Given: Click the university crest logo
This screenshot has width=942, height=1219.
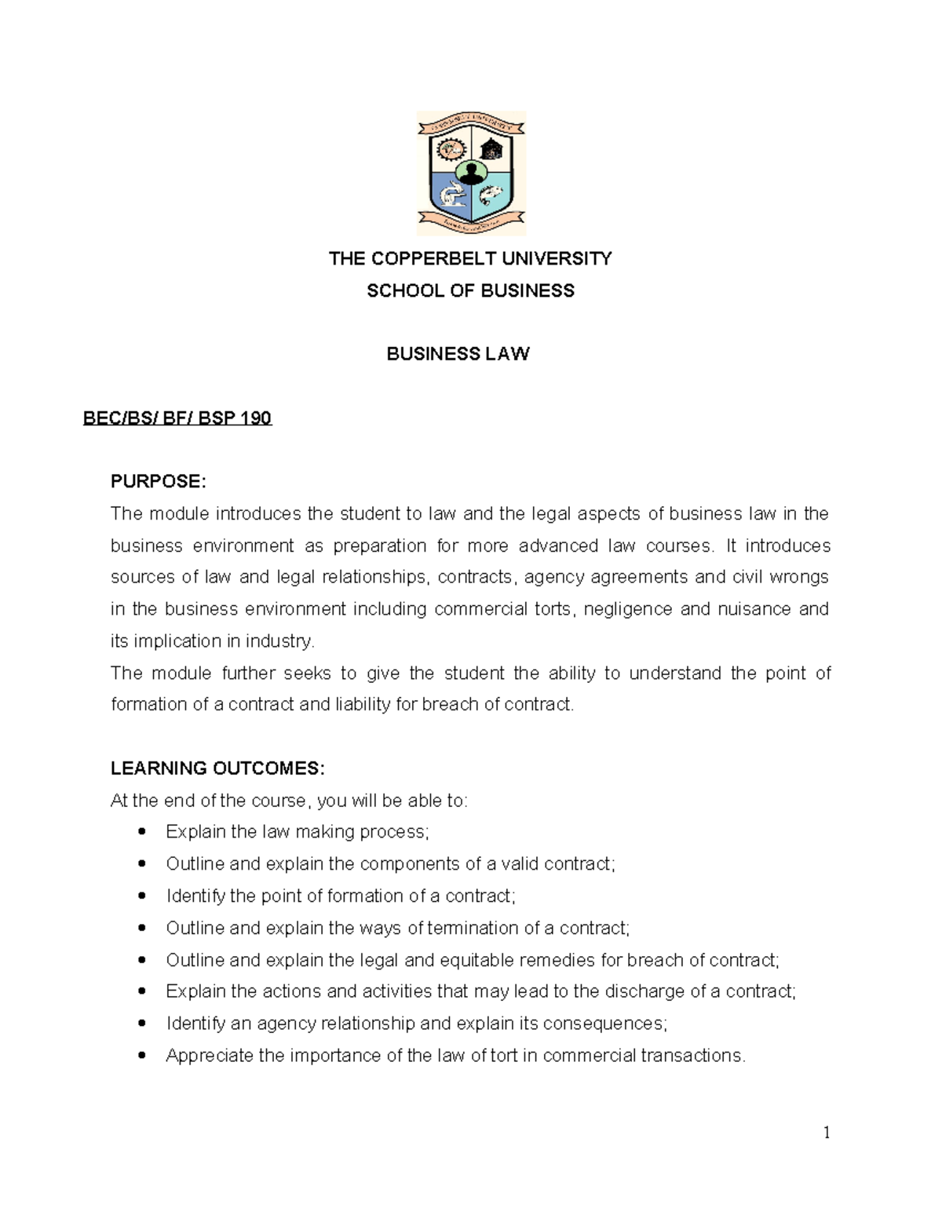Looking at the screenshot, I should click(470, 173).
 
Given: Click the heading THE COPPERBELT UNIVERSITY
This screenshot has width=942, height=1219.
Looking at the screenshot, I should click(470, 259).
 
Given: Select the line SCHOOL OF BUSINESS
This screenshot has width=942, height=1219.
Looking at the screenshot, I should click(470, 291).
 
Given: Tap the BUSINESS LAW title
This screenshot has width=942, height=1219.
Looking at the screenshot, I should click(458, 354).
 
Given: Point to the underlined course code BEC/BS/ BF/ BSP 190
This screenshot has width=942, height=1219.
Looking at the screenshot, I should click(177, 418).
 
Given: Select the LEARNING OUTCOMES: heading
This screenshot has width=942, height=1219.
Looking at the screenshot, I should click(217, 768).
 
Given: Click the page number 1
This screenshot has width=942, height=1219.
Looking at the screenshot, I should click(827, 1132).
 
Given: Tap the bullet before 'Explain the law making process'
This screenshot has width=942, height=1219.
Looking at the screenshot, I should click(141, 832).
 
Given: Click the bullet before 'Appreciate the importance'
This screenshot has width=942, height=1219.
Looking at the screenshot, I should click(141, 1056).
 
